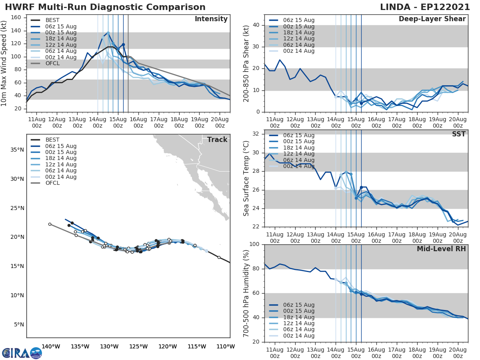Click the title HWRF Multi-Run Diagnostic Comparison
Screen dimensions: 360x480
(x=105, y=7)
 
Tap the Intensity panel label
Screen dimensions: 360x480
(x=211, y=19)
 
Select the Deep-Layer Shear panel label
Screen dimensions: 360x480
(x=432, y=19)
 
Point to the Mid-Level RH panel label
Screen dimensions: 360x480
(x=441, y=249)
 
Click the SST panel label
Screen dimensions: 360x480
(x=459, y=134)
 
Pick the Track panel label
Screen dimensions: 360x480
(x=217, y=140)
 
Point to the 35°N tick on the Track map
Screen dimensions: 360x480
(x=17, y=150)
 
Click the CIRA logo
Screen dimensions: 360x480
(x=22, y=353)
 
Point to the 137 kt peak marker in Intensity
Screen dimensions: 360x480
(x=108, y=33)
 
